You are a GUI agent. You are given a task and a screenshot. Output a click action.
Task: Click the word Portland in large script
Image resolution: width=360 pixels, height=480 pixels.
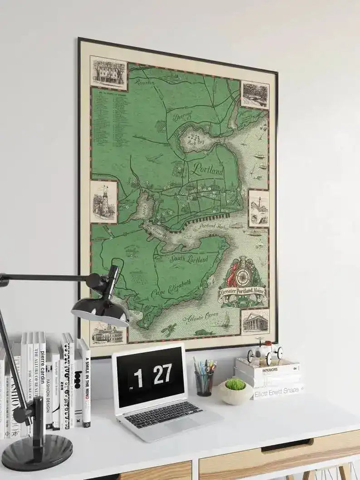coord(208,170)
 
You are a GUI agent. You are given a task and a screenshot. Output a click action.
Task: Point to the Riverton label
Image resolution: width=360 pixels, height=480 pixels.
coord(145,82)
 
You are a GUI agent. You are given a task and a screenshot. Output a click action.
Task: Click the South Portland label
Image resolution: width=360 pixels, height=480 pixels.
coord(189,260)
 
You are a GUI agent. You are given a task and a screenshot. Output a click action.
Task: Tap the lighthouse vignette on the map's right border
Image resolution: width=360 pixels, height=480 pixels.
coord(258,208)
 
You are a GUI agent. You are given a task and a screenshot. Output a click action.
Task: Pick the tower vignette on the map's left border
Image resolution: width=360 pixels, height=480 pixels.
coord(103,202)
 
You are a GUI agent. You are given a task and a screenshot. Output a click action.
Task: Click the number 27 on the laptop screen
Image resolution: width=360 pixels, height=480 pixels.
coord(161,373)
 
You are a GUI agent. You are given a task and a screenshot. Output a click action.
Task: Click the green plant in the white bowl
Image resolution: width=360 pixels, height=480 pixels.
coord(235,384)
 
